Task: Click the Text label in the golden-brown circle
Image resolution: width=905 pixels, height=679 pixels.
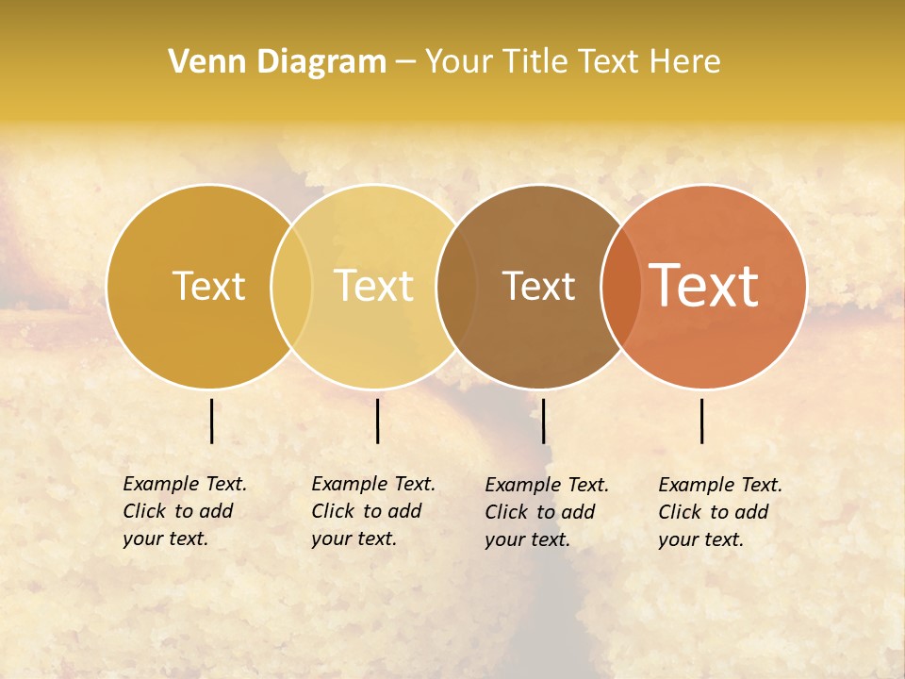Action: coord(208,286)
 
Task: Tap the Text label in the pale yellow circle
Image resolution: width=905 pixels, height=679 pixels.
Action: coord(373,286)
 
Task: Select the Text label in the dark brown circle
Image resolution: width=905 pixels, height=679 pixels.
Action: coord(538,287)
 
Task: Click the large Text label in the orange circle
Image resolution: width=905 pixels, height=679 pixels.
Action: coord(704,286)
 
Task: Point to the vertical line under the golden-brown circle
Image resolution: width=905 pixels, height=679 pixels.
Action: coord(211,421)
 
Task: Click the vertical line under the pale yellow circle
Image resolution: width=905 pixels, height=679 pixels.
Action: coord(377,421)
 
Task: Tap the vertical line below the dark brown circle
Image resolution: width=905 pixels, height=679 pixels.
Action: coord(543,421)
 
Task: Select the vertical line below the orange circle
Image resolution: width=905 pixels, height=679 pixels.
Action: coord(702,421)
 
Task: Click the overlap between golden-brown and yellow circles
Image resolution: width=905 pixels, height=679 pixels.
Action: coord(291,287)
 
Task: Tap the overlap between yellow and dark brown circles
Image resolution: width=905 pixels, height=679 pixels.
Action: coord(456,287)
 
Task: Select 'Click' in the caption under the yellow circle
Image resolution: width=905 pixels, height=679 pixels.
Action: coord(332,511)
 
